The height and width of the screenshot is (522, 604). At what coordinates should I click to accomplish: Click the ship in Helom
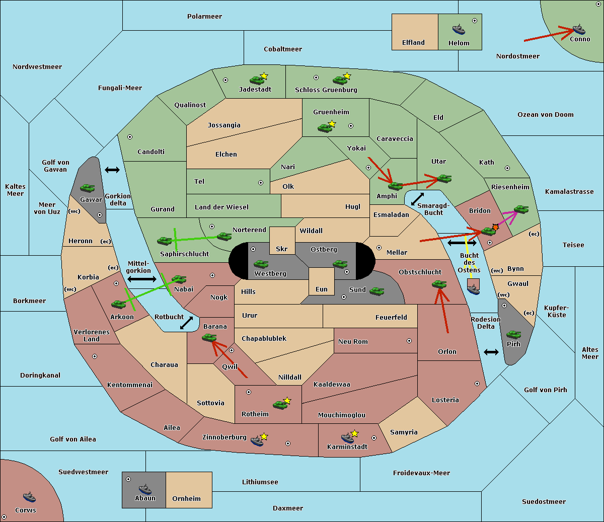459,29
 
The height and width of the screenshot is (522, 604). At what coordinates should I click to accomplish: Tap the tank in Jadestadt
257,80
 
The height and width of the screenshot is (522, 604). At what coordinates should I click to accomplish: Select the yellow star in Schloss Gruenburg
347,76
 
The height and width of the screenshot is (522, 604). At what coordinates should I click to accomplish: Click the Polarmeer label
204,17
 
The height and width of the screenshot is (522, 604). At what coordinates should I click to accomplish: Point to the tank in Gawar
88,188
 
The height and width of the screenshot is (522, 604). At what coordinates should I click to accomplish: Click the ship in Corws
29,497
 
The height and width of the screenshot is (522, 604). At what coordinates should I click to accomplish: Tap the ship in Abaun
145,489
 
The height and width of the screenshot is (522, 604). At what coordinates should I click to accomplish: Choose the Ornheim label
186,498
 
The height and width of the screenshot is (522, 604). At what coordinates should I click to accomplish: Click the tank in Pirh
513,334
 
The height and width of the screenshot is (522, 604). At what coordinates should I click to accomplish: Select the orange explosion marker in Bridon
495,227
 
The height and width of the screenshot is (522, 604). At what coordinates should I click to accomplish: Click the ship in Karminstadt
347,438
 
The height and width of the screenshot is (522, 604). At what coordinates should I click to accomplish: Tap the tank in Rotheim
280,405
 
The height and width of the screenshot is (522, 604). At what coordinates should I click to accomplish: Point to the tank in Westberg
261,264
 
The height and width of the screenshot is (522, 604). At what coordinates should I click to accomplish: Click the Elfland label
413,43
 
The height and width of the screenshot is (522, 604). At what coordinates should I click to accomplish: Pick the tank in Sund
376,291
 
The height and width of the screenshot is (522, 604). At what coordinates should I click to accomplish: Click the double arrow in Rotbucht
186,323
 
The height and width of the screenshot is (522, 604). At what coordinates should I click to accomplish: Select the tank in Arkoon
119,304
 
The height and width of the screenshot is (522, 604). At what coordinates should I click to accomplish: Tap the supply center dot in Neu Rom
409,341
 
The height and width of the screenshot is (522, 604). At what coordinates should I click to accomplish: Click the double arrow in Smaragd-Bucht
417,199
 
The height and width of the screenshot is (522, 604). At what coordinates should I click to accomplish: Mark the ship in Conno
579,29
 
